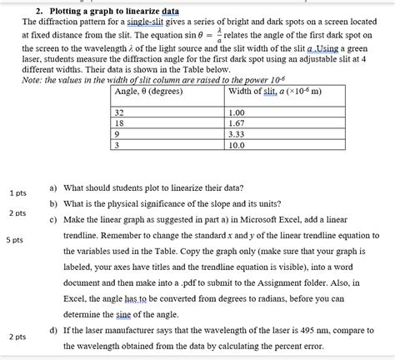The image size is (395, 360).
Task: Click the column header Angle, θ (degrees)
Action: tap(151, 92)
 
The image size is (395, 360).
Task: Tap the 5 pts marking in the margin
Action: tap(13, 240)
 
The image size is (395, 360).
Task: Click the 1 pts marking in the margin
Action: tap(18, 192)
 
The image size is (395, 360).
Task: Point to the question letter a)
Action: tap(54, 187)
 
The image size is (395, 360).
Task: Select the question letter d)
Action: tap(54, 332)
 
